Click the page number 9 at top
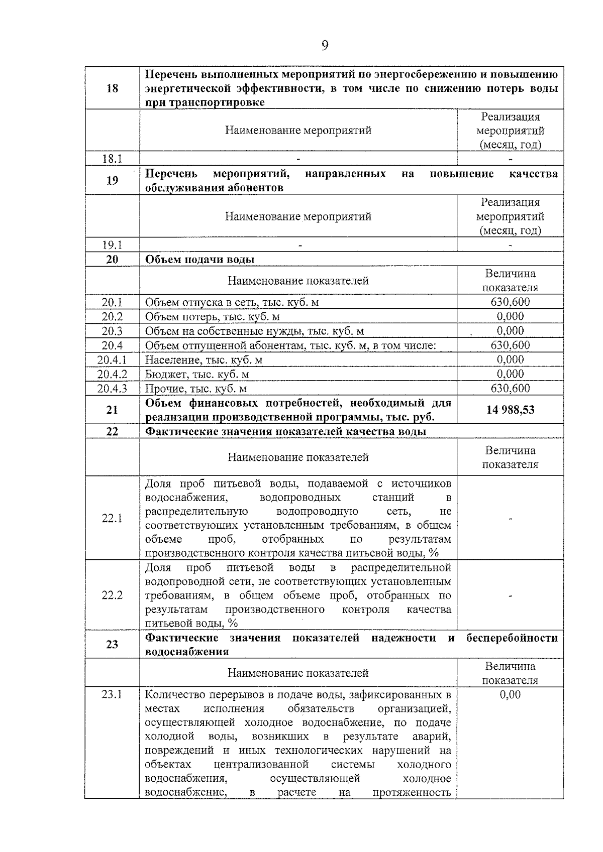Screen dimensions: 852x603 [325, 46]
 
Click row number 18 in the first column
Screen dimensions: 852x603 [112, 88]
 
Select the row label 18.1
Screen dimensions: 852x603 [112, 159]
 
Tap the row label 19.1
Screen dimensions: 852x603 [112, 245]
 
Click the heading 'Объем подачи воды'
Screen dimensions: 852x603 [199, 259]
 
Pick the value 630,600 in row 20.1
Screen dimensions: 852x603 [510, 302]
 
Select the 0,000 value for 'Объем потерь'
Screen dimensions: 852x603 [510, 316]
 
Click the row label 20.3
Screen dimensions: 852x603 [112, 331]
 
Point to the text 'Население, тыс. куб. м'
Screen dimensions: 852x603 [204, 360]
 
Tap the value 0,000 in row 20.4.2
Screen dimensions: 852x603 [510, 374]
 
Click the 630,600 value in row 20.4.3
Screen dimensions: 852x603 [510, 389]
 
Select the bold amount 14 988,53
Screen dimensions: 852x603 [510, 410]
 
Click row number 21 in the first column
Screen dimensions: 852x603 [112, 410]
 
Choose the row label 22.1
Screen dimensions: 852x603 [112, 518]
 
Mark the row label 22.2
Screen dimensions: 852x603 [112, 595]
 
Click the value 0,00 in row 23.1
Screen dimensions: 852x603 [510, 695]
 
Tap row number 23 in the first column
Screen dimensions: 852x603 [112, 644]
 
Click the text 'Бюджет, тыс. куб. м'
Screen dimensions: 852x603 [197, 375]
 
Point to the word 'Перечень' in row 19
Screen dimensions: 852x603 [171, 174]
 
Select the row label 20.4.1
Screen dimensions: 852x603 [112, 360]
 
